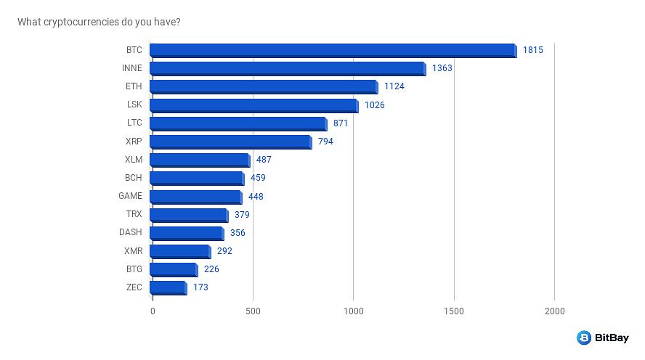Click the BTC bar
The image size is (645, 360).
pyautogui.click(x=333, y=50)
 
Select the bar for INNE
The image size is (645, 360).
pyautogui.click(x=288, y=68)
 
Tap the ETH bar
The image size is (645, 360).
pyautogui.click(x=264, y=86)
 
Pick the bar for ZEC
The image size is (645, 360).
pyautogui.click(x=168, y=287)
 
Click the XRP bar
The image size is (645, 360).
pyautogui.click(x=230, y=142)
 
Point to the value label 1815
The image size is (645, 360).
pyautogui.click(x=532, y=50)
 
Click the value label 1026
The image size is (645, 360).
pyautogui.click(x=374, y=105)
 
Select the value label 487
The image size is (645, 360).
pyautogui.click(x=264, y=160)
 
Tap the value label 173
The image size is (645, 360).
pyautogui.click(x=200, y=287)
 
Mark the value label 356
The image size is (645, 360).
pyautogui.click(x=238, y=233)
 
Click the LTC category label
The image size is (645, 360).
pyautogui.click(x=134, y=123)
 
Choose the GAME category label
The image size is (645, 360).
pyautogui.click(x=131, y=196)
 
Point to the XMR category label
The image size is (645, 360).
pyautogui.click(x=134, y=251)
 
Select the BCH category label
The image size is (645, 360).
pyautogui.click(x=134, y=178)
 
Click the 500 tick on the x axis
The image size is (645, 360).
pyautogui.click(x=253, y=311)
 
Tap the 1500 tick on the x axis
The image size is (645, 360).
pyautogui.click(x=454, y=311)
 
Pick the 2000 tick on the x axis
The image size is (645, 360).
pyautogui.click(x=554, y=311)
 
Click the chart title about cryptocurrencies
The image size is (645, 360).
pyautogui.click(x=99, y=22)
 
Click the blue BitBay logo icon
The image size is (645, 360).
pyautogui.click(x=584, y=337)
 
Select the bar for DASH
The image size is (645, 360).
pyautogui.click(x=187, y=233)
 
